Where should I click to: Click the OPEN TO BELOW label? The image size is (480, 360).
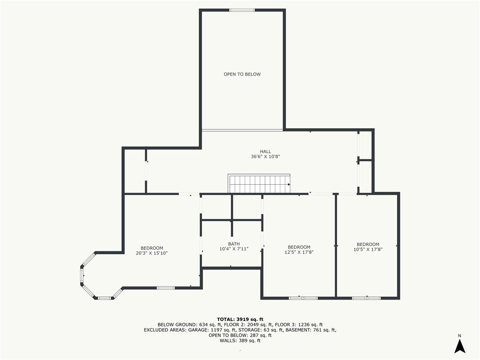click(x=242, y=74)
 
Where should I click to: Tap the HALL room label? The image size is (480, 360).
click(x=265, y=151)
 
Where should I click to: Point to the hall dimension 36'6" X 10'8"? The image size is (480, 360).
click(x=265, y=157)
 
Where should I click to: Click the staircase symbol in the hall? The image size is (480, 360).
click(x=259, y=184)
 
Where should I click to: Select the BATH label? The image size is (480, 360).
click(x=234, y=244)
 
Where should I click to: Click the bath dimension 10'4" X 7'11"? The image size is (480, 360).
click(x=234, y=249)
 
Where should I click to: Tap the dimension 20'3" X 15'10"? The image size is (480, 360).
click(x=152, y=253)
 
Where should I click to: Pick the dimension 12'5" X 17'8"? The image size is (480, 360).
click(x=299, y=252)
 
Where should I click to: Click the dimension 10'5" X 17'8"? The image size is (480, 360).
click(x=368, y=249)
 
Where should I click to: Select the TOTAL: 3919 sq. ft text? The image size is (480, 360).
click(x=240, y=319)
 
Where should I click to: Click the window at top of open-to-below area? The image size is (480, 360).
click(x=242, y=10)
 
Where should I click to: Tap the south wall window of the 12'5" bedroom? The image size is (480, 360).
click(x=303, y=298)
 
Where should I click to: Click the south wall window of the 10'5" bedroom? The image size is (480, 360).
click(x=367, y=298)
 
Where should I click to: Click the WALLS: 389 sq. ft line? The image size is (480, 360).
click(x=240, y=341)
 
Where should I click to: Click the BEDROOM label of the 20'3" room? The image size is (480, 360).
click(x=152, y=248)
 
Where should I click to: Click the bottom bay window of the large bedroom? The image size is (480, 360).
click(x=105, y=298)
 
